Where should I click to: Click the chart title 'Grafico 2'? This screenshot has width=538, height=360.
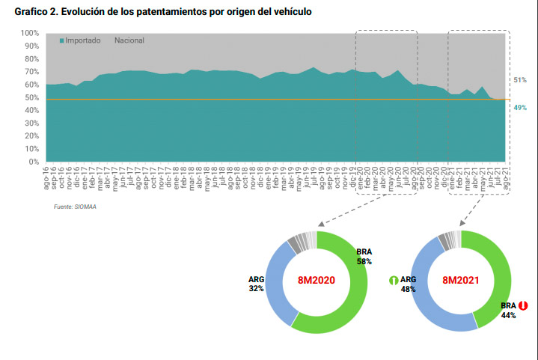(x=158, y=13)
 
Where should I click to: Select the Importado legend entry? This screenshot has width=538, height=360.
(x=80, y=40)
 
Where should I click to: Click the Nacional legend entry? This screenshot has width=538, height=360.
(x=129, y=40)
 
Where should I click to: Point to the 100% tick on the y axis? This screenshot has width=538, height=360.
(x=29, y=34)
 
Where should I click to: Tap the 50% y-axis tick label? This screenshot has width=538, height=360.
(x=31, y=98)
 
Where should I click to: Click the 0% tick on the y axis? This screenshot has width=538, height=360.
(x=34, y=162)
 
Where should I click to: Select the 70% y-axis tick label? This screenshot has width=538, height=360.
(x=31, y=72)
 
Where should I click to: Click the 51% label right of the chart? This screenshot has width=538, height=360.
(x=520, y=80)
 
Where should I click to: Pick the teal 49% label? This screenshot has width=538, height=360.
(x=520, y=108)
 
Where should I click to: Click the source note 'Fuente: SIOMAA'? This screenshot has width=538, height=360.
(x=74, y=207)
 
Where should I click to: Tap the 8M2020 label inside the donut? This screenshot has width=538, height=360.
(x=317, y=281)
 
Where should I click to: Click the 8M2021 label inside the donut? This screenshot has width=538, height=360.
(x=461, y=281)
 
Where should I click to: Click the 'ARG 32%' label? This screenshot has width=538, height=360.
(x=256, y=284)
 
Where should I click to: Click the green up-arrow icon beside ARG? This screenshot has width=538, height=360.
(x=392, y=281)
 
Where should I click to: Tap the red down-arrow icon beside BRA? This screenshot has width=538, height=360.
(x=524, y=306)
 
